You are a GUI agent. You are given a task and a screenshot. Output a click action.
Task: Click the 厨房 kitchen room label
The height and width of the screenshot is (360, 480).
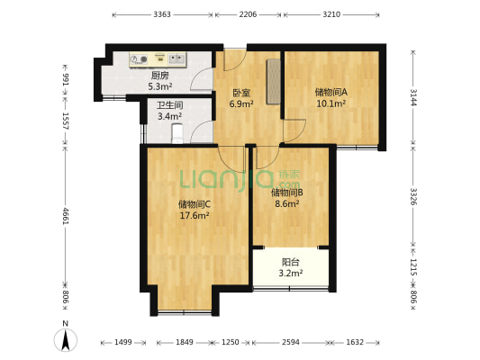pos(159,76)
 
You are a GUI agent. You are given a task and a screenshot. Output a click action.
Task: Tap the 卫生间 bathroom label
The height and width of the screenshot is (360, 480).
pos(170,105)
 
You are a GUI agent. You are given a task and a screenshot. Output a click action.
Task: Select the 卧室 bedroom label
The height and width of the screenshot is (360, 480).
pos(241,93)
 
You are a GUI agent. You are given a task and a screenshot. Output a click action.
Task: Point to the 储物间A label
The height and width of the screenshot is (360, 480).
pos(331,92)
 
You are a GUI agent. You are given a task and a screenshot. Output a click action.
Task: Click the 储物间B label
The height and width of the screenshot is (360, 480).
pos(287,193)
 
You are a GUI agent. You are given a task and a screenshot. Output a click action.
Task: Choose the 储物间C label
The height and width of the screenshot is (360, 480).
pos(195,204)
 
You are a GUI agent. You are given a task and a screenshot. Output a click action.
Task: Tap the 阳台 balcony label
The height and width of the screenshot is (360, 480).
pos(291,262)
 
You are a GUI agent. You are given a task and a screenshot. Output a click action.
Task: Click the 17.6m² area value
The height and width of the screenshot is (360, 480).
pos(195,216)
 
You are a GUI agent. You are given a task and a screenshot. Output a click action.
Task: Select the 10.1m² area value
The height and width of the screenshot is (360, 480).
pos(331,103)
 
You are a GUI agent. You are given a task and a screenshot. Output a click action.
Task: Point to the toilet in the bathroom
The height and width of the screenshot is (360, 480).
pos(177,133)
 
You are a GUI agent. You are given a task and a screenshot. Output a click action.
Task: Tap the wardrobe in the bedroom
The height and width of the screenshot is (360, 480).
pos(274,82)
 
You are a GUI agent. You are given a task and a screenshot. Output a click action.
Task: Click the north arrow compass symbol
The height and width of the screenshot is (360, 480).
pos(66,337)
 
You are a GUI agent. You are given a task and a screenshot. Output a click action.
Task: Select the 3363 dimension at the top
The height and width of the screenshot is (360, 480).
pos(162,14)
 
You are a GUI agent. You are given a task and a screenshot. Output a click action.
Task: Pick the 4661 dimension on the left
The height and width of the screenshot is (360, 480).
pos(66,216)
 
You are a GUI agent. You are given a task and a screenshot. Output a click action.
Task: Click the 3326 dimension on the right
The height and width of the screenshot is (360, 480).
pos(413,196)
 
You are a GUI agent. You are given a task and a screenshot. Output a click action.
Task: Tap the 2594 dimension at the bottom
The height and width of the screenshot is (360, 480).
pos(291,342)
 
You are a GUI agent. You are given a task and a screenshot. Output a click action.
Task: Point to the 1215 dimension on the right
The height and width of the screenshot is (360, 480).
pos(413,267)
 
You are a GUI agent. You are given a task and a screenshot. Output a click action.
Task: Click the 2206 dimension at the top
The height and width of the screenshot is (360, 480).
pos(248,14)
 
